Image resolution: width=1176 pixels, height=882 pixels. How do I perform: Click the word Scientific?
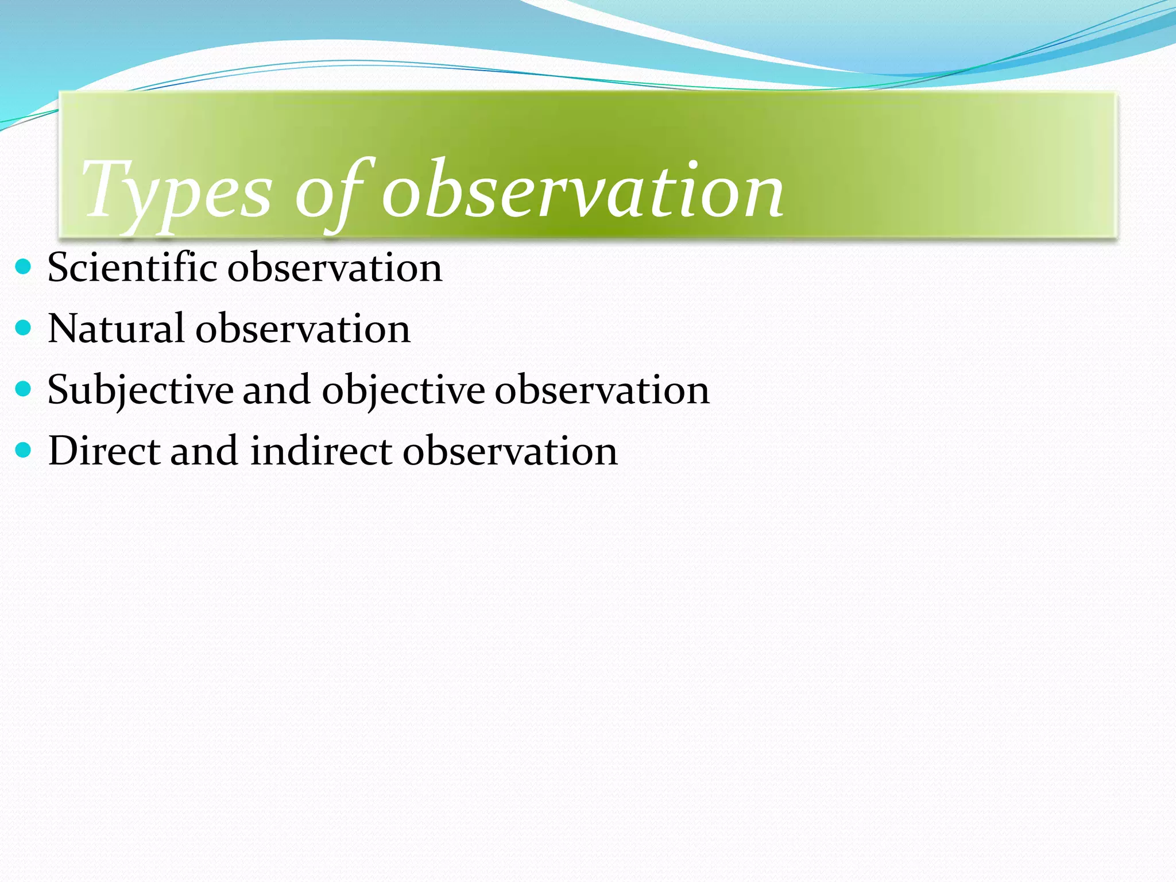coord(132,268)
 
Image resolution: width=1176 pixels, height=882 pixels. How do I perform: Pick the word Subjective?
coord(140,390)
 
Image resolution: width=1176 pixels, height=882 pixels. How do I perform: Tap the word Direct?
coord(104,451)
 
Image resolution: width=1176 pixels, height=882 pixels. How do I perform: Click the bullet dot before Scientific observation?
coord(23,267)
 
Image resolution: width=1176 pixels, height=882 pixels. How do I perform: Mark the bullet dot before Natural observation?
coord(23,328)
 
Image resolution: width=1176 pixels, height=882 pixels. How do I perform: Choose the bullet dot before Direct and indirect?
coord(23,450)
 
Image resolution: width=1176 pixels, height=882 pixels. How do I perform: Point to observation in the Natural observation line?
coord(303,329)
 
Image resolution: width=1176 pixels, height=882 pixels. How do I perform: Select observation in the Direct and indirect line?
coord(510,451)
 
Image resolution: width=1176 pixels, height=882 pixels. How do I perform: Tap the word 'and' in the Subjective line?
coord(277,390)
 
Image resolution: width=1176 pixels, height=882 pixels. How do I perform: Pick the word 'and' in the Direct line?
coord(204,451)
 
